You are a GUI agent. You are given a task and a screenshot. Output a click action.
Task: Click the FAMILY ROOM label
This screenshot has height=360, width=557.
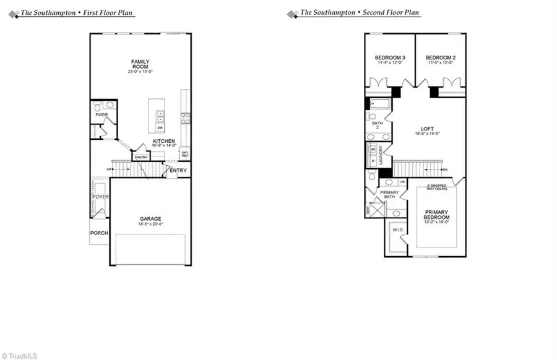140,64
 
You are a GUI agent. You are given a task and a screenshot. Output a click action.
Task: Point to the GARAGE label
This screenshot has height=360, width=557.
150,218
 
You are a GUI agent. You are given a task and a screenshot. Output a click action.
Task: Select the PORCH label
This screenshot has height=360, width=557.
99,233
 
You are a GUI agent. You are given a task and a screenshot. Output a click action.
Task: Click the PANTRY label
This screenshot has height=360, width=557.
140,158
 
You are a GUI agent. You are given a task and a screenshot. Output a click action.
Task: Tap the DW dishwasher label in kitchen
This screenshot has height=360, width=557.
160,128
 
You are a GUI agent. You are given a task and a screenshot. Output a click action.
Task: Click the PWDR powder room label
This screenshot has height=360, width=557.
101,115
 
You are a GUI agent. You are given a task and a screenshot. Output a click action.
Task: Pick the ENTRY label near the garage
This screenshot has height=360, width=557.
178,170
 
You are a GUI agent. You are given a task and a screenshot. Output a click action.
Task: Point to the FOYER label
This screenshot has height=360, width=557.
101,197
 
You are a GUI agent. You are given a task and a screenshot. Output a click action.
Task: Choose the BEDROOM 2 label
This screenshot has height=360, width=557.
440,58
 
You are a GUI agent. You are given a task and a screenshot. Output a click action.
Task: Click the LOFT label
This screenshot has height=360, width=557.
427,129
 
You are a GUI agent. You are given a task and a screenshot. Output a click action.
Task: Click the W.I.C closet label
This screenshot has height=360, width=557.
397,230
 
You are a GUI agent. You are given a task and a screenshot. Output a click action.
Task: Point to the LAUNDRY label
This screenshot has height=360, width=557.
389,155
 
